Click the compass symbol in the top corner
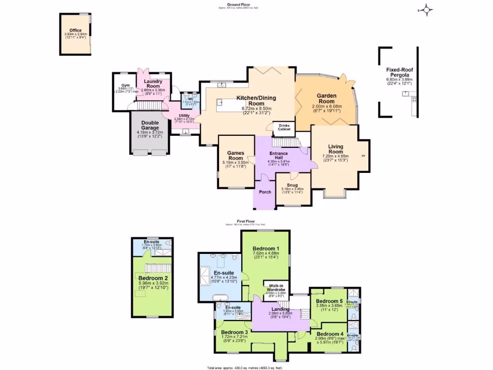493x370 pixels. click(427, 10)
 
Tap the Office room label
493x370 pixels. click(76, 30)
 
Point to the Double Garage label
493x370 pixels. click(150, 125)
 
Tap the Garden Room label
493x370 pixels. click(326, 98)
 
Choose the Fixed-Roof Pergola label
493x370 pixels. click(400, 73)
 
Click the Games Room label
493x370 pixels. click(235, 156)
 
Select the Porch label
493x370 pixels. click(265, 192)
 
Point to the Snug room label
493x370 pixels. click(292, 185)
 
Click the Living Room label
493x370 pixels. click(336, 149)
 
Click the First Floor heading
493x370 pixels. click(245, 222)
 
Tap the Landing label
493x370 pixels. click(280, 309)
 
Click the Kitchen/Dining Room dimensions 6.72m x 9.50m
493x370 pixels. click(256, 109)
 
